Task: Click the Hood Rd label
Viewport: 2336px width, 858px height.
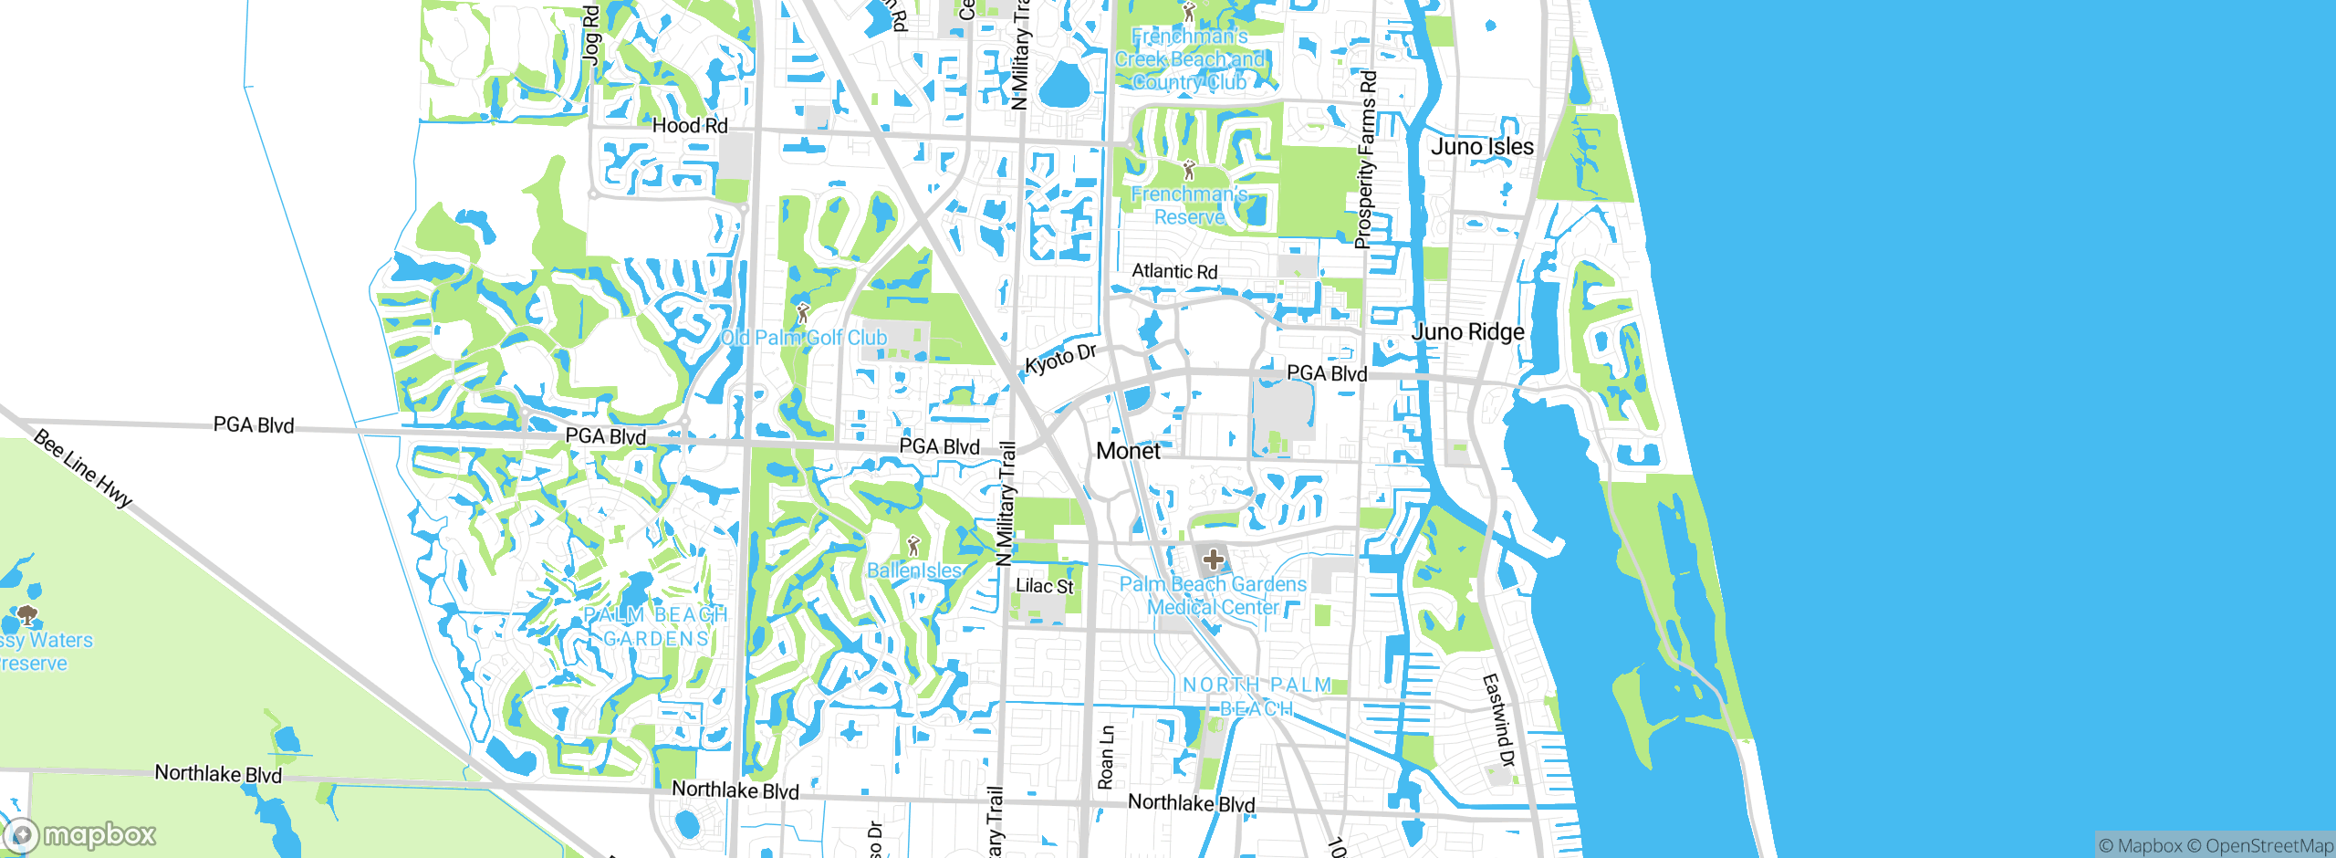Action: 690,126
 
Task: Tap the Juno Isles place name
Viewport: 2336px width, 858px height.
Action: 1482,147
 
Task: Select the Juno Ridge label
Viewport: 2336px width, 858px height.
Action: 1467,332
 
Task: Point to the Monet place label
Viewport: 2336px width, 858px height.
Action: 1128,451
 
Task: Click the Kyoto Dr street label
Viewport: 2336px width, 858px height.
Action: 1060,360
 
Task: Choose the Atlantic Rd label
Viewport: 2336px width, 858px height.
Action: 1174,272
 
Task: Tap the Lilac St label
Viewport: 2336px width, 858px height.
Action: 1045,586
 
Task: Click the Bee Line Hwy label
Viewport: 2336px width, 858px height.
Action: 83,468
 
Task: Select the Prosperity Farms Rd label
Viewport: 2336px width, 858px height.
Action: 1365,160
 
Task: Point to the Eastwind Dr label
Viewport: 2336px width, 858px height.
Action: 1497,720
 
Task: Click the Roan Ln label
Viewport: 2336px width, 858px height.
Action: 1106,758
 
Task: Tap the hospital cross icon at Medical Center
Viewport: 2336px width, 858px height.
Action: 1213,559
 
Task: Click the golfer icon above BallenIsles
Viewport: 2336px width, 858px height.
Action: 913,546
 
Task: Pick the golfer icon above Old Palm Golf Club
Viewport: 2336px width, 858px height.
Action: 802,313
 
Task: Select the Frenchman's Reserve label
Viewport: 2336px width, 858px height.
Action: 1189,205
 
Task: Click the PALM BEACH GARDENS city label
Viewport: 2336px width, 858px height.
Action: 655,627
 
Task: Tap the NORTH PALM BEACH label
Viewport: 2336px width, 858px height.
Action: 1257,696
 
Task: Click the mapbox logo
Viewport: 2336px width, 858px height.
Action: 80,834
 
